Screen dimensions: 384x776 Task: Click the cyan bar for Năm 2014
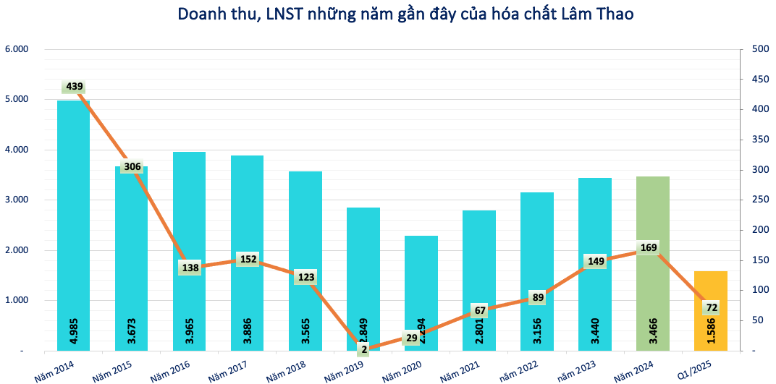coord(73,217)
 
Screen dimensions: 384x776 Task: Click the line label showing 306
coord(132,166)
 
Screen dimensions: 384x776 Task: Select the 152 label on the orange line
coord(248,259)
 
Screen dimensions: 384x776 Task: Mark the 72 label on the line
coord(712,307)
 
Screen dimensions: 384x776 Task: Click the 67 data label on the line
coord(480,310)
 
